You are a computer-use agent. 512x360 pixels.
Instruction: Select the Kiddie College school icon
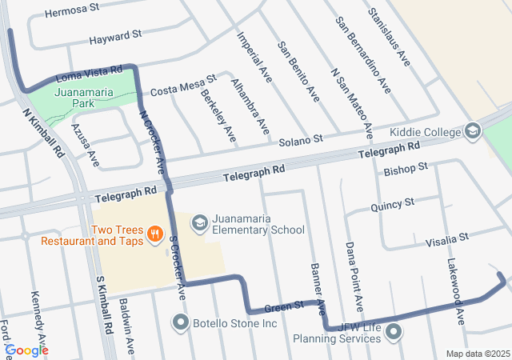(473, 131)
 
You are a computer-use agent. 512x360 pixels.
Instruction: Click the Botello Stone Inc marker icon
(180, 324)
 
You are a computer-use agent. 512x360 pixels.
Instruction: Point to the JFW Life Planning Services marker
(393, 331)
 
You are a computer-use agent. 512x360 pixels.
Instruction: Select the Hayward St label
(115, 36)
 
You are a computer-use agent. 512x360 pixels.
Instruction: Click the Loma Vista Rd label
(89, 75)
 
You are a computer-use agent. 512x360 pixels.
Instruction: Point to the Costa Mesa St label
(183, 85)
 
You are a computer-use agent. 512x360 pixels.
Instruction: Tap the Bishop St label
(406, 170)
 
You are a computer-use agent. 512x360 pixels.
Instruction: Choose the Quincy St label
(392, 206)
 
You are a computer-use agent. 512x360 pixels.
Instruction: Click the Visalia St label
(446, 239)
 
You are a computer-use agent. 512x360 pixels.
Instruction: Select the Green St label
(284, 305)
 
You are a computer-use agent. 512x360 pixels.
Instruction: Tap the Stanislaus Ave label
(388, 37)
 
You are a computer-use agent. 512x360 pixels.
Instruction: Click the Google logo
(26, 350)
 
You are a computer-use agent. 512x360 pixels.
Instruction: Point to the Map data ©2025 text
(477, 354)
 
